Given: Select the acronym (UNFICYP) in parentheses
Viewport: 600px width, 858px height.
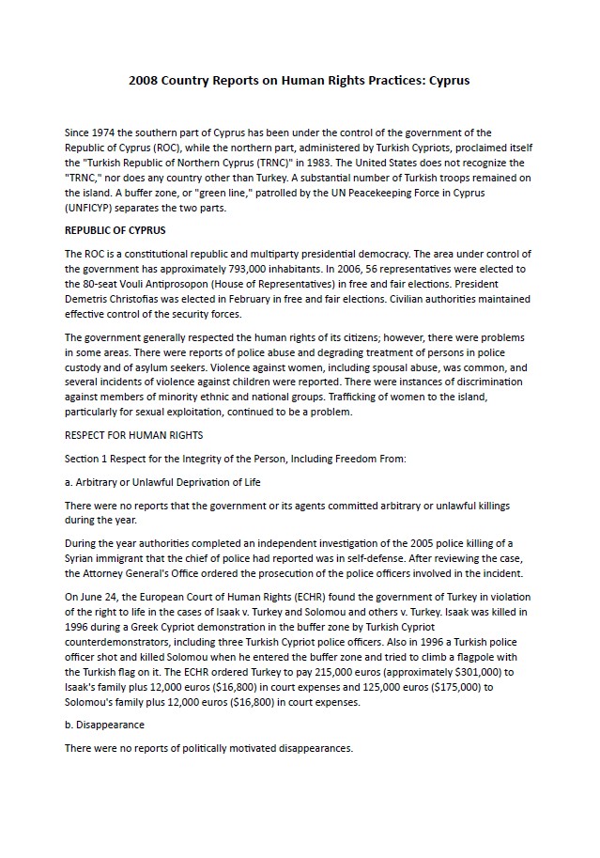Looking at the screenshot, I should [93, 209].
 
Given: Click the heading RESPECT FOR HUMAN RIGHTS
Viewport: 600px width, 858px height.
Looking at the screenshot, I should [133, 435].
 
